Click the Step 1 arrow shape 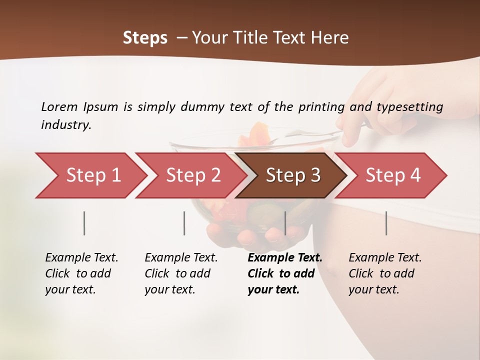[90, 175]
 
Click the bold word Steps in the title [145, 37]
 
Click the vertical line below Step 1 [84, 223]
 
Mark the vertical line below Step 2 [184, 223]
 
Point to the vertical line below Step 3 [285, 223]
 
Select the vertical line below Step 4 [386, 223]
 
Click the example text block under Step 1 [81, 273]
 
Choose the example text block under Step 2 [181, 273]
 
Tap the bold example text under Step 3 [284, 273]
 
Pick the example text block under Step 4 [385, 273]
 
